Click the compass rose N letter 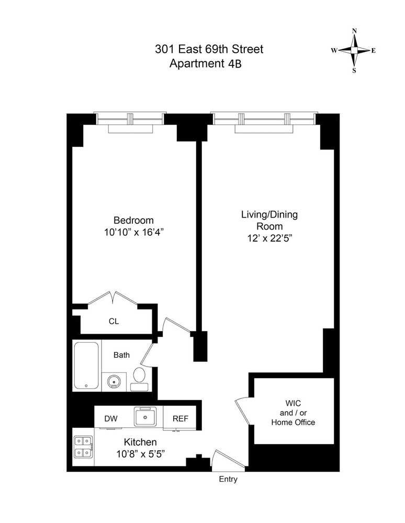[x=354, y=31]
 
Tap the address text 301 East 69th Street [x=209, y=50]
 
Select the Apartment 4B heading [x=206, y=64]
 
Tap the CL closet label [x=114, y=322]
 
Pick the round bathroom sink [x=114, y=382]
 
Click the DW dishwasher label [x=110, y=419]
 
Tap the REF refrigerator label [x=179, y=419]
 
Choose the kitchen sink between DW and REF [x=144, y=417]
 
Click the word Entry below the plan [x=228, y=479]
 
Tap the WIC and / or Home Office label [x=293, y=413]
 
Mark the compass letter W [x=334, y=51]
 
